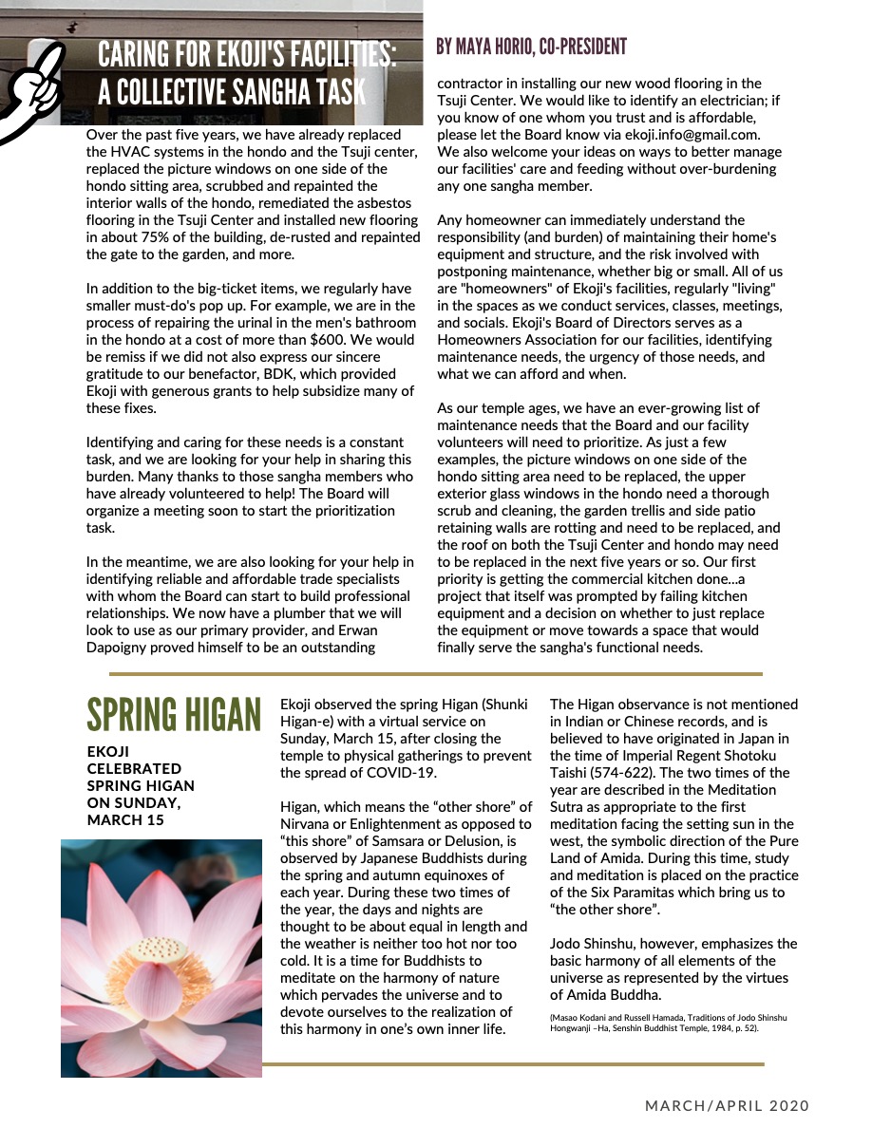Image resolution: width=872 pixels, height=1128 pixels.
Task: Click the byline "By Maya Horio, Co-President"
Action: coord(531,47)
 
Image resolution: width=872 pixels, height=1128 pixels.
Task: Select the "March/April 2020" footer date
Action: coord(728,1106)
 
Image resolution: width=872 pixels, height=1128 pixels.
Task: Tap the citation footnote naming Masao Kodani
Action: coord(669,1023)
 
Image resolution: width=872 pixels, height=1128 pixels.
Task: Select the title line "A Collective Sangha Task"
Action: coord(231,92)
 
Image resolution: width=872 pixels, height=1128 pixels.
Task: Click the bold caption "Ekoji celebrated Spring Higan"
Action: coord(141,785)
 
